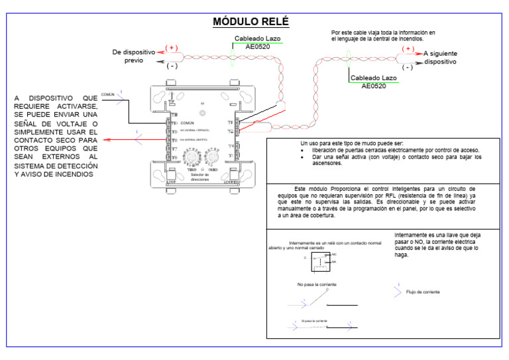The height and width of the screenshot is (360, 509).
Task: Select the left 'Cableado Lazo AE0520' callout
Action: point(257,43)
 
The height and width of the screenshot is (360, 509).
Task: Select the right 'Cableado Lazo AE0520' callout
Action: point(374,82)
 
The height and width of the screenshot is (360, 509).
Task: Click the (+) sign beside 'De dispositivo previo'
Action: point(171,48)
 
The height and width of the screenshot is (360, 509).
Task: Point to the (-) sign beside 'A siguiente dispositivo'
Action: point(407,67)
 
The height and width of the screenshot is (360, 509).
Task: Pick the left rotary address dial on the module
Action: point(192,160)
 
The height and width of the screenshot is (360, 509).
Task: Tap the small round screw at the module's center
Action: point(201,103)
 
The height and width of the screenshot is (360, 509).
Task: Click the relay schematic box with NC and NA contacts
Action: point(321,260)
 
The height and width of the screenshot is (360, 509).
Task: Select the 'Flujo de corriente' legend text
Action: point(422,292)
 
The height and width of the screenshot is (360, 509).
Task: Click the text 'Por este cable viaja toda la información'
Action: point(383,32)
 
